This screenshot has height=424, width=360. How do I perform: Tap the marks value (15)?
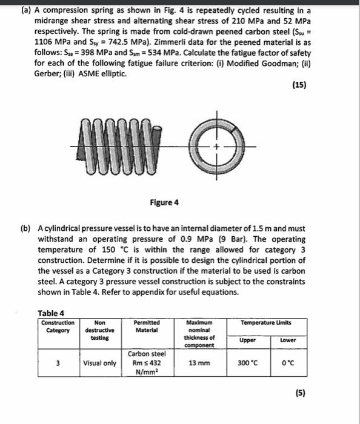(298, 85)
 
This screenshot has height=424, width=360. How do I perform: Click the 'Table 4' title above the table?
(51, 313)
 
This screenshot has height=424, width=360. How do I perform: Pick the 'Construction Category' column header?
(58, 326)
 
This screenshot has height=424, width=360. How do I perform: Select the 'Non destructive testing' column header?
(100, 330)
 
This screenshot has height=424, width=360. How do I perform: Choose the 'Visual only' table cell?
(100, 363)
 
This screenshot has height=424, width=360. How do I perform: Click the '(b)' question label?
(26, 230)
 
